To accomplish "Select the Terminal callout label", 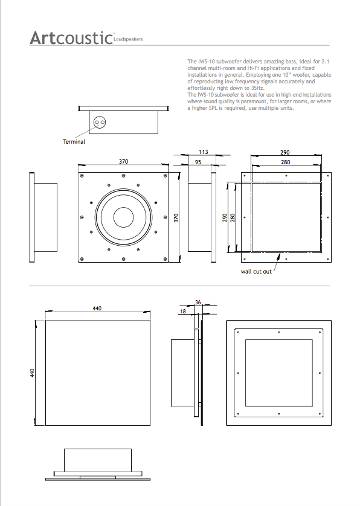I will [74, 142].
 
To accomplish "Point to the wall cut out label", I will [256, 271].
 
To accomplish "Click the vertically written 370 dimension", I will [177, 218].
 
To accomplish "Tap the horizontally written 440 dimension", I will [97, 308].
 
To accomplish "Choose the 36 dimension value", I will [198, 303].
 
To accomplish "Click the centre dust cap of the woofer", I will [124, 217].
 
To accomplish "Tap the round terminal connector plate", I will [100, 121].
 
